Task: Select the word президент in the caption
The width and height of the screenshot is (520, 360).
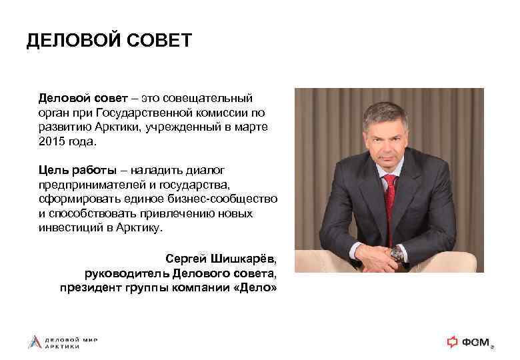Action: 88,288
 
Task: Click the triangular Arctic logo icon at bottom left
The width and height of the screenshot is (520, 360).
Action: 33,342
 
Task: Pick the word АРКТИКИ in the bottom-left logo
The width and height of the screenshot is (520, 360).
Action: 63,347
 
